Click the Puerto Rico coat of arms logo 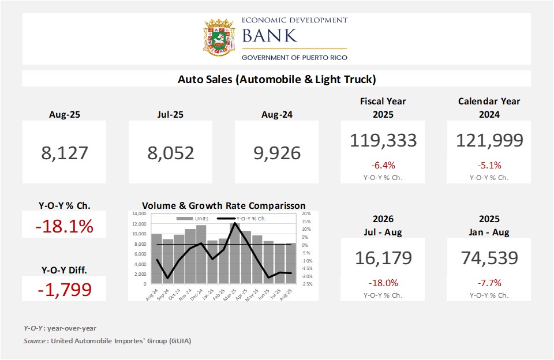(x=219, y=39)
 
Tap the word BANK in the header (x=269, y=36)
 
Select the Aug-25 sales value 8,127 (x=65, y=153)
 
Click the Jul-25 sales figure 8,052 (x=171, y=153)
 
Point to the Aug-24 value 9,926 (x=277, y=153)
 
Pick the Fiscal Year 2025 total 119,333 (x=383, y=140)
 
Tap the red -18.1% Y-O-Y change (x=64, y=227)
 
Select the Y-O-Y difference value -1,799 (x=64, y=288)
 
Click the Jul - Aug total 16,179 (x=383, y=258)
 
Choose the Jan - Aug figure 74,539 (x=489, y=258)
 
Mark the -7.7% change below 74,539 (x=489, y=283)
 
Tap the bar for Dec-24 (x=201, y=254)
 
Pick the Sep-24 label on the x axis (x=164, y=292)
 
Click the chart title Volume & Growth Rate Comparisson (x=224, y=205)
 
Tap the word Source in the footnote (x=35, y=341)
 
